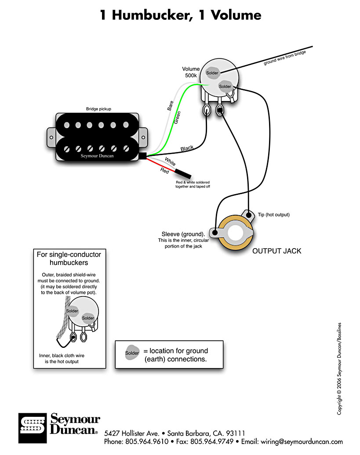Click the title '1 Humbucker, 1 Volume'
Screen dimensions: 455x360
point(180,15)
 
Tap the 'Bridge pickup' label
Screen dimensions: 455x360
point(98,108)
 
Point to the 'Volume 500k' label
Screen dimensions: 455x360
point(191,72)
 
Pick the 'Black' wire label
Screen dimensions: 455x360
point(187,148)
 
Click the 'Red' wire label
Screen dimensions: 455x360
point(165,170)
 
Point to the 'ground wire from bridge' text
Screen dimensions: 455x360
point(284,58)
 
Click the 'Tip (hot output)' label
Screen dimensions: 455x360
point(273,215)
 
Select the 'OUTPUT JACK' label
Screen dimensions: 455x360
point(276,251)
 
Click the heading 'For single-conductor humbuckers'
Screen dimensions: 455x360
point(69,258)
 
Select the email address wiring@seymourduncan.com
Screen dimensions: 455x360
point(303,441)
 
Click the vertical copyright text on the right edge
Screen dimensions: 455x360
point(339,369)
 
